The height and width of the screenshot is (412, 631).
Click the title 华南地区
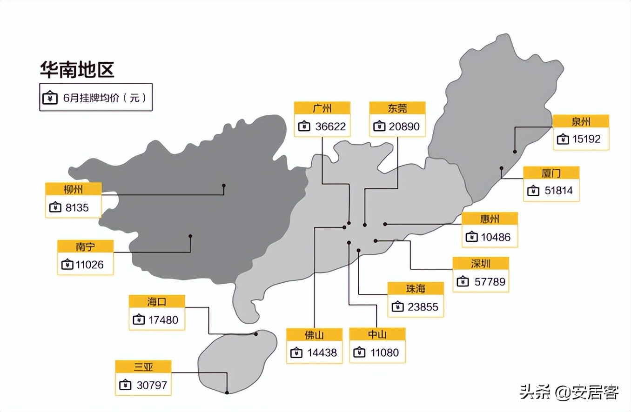click(x=77, y=69)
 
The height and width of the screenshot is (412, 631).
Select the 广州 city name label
click(x=322, y=108)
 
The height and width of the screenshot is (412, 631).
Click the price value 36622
click(x=330, y=126)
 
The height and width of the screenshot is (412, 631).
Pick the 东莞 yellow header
click(x=397, y=108)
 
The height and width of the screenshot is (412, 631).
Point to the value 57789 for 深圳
click(x=490, y=282)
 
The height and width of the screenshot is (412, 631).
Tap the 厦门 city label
click(x=551, y=173)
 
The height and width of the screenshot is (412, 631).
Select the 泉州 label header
click(x=581, y=121)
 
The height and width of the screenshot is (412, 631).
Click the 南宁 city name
click(x=85, y=246)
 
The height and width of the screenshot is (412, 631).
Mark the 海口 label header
click(x=157, y=302)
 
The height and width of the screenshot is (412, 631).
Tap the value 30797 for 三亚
click(x=152, y=385)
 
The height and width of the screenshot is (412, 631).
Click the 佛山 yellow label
click(x=314, y=335)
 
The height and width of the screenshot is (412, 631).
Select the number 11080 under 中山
click(x=385, y=352)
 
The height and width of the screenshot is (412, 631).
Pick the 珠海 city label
click(x=416, y=288)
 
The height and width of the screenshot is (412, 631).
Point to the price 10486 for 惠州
click(x=496, y=237)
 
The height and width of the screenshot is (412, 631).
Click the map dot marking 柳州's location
click(x=224, y=186)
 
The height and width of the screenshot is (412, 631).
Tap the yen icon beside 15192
click(x=563, y=139)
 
